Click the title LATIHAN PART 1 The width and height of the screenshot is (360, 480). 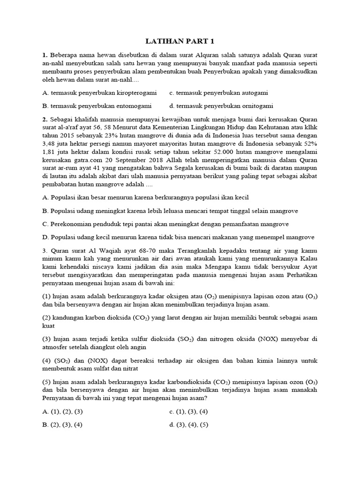tap(180, 41)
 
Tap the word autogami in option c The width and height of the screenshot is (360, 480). tap(253, 93)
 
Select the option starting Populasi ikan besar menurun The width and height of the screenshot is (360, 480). tap(145, 198)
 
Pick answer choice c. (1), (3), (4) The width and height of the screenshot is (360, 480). tap(188, 412)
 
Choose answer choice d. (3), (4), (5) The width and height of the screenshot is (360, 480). tap(188, 425)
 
